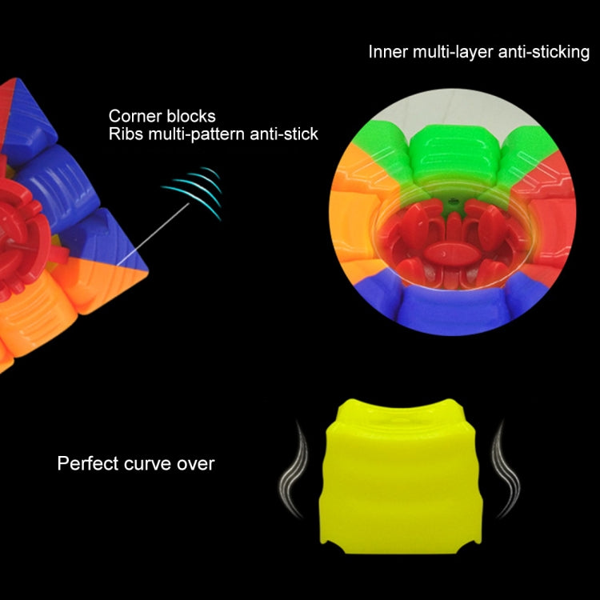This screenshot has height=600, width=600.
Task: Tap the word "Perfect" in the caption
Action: point(85,463)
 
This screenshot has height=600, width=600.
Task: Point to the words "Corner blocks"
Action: point(162,116)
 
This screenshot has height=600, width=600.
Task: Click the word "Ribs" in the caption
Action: point(125,134)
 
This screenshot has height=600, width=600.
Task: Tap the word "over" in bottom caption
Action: point(198,463)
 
